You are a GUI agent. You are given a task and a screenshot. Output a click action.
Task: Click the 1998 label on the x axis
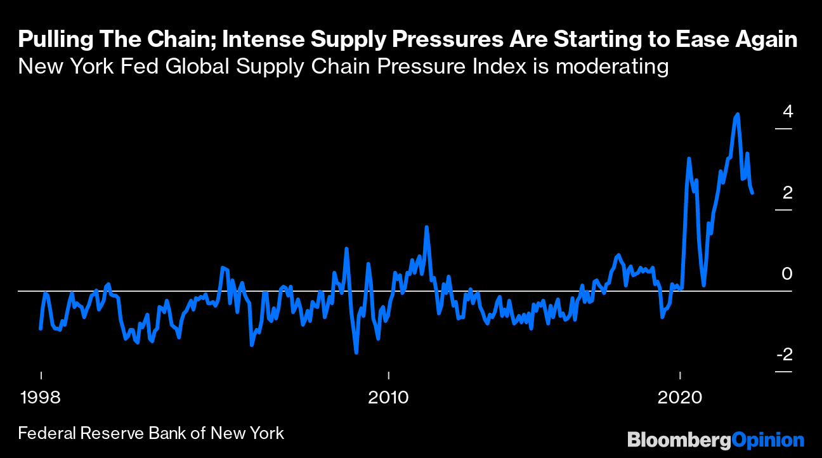pos(41,398)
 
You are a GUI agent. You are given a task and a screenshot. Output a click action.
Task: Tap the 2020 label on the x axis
pos(680,398)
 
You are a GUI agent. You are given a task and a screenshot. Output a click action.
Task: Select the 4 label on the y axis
pos(787,112)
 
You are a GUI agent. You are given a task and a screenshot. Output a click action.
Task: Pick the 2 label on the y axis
pos(787,193)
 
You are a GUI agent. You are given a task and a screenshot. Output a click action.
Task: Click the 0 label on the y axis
pos(787,273)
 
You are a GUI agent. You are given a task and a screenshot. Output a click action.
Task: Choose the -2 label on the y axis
pos(785,354)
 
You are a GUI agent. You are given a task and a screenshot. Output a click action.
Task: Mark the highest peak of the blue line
pos(738,115)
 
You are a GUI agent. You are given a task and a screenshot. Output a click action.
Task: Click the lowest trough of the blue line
pos(356,353)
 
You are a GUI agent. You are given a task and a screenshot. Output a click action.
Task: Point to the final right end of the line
pos(752,193)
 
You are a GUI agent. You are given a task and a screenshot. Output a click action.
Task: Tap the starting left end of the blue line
pos(41,329)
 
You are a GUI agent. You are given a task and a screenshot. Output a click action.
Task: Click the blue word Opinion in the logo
pos(767,440)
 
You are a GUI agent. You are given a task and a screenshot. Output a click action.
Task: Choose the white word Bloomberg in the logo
pos(679,440)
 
